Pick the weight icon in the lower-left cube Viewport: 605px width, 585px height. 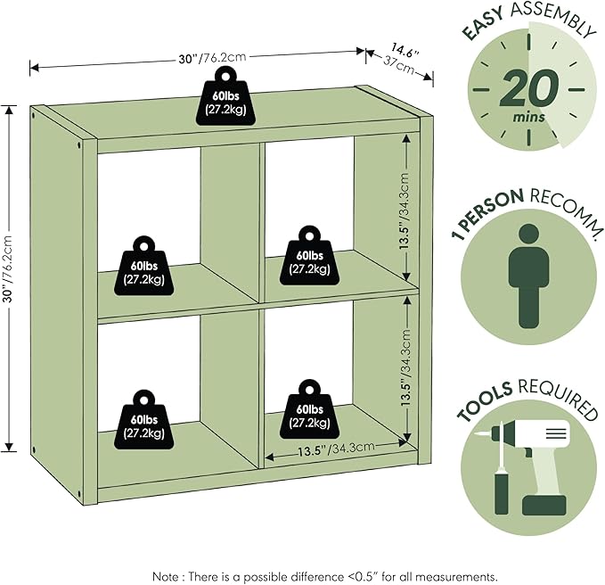click(x=143, y=420)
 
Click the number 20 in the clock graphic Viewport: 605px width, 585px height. click(x=529, y=88)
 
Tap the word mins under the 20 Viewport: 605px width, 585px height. click(x=528, y=117)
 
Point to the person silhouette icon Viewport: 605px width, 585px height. click(x=528, y=276)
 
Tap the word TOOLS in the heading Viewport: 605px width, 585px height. click(x=485, y=400)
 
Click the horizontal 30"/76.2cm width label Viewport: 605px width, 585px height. click(x=212, y=58)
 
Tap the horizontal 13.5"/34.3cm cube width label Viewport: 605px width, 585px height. click(x=336, y=449)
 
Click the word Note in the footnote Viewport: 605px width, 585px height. click(x=166, y=577)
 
